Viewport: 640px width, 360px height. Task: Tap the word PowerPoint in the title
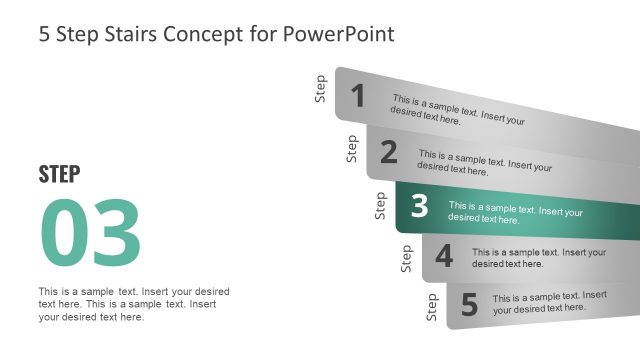tap(339, 34)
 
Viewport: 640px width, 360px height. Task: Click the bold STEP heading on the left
tap(59, 174)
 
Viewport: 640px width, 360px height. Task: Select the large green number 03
tap(90, 234)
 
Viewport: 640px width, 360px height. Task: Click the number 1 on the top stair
tap(357, 96)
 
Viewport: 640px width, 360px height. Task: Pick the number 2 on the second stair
tap(389, 152)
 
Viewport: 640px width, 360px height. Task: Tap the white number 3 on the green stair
tap(419, 206)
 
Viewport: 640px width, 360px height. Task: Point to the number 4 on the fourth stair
tap(444, 257)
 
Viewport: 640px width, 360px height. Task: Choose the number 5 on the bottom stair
tap(469, 303)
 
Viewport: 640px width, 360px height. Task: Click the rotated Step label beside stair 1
tap(321, 89)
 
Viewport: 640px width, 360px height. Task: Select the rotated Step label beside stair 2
tap(352, 148)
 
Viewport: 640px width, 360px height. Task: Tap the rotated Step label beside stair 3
tap(380, 205)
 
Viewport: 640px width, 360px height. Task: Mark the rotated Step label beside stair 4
tap(406, 258)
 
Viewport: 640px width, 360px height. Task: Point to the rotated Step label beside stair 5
tap(432, 307)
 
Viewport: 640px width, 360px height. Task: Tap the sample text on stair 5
tap(549, 303)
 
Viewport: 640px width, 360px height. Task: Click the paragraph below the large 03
tap(133, 304)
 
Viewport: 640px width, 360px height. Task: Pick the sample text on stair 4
tap(539, 258)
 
